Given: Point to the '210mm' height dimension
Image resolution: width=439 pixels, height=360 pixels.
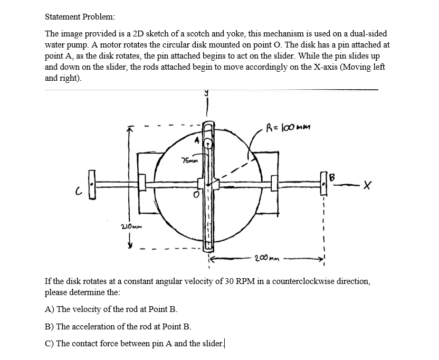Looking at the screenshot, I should [x=130, y=226].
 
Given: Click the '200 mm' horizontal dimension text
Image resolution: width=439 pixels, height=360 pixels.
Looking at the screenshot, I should [x=267, y=259].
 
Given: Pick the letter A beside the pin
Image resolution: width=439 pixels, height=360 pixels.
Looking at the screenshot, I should [x=197, y=140].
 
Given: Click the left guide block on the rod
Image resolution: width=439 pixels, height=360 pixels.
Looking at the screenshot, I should [x=142, y=183].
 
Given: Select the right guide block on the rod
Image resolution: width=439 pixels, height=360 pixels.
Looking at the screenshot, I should [x=274, y=183].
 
